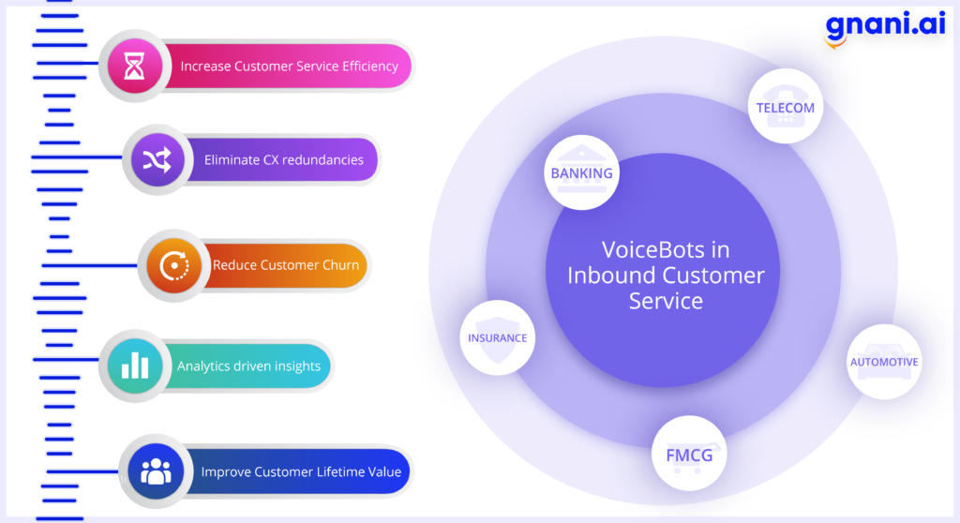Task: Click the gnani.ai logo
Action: click(x=885, y=27)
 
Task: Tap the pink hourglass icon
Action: click(x=135, y=66)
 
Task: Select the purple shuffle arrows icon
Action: click(x=157, y=160)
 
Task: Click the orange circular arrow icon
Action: click(x=174, y=266)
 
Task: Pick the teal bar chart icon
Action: click(x=135, y=366)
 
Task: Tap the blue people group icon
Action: click(x=157, y=471)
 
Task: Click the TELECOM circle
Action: click(x=786, y=107)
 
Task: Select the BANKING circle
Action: click(x=581, y=172)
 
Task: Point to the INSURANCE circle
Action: click(x=497, y=337)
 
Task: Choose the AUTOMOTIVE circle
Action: click(x=884, y=362)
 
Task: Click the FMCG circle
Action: click(x=689, y=454)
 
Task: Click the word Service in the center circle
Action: click(x=667, y=301)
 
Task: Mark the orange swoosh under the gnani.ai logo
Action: click(x=835, y=42)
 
